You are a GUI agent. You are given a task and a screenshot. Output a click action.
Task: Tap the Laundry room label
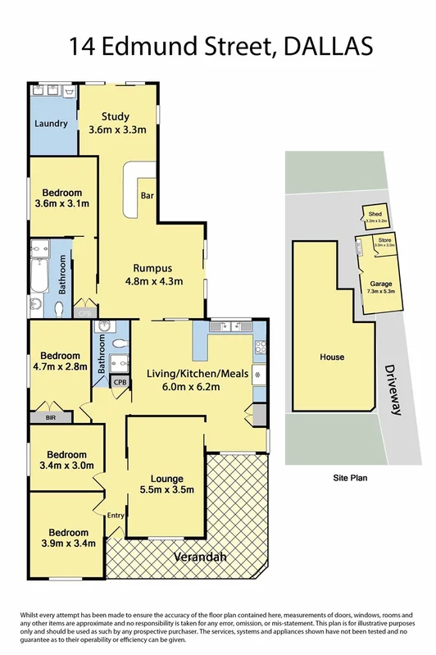pyautogui.click(x=50, y=124)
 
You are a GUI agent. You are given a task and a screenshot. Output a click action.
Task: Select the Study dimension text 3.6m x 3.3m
pyautogui.click(x=117, y=130)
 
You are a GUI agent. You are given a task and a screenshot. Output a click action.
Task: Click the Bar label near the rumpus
pyautogui.click(x=148, y=196)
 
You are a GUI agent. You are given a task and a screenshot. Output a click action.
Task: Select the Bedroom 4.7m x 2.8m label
pyautogui.click(x=61, y=362)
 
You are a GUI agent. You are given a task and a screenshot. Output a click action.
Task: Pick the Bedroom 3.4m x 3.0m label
pyautogui.click(x=66, y=460)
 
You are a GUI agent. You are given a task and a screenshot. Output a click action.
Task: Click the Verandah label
pyautogui.click(x=200, y=558)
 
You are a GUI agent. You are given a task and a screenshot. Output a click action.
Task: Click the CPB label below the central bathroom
pyautogui.click(x=120, y=382)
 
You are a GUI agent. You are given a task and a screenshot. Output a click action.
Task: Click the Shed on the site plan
pyautogui.click(x=376, y=217)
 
